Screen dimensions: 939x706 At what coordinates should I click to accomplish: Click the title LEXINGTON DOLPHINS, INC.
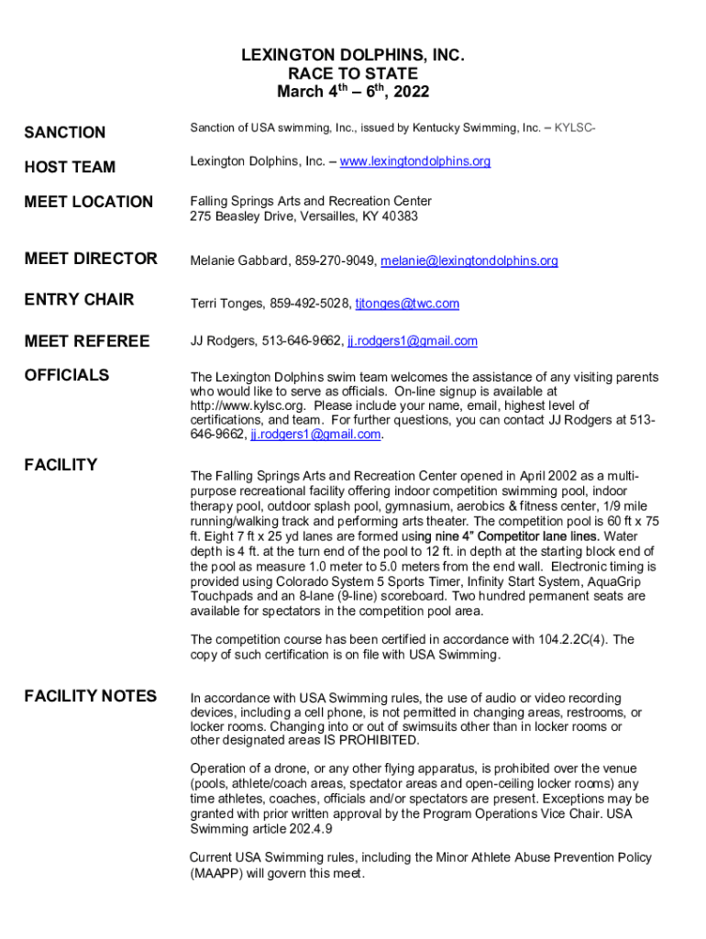pyautogui.click(x=353, y=56)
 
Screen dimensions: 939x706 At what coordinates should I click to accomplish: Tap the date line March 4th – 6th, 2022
pyautogui.click(x=353, y=92)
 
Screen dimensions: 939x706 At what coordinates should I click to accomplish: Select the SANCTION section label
pyautogui.click(x=64, y=133)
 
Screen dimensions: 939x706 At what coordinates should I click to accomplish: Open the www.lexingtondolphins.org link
pyautogui.click(x=414, y=161)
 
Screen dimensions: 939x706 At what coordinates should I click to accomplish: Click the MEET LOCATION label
pyautogui.click(x=88, y=202)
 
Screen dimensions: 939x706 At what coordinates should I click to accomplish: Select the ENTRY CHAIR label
pyautogui.click(x=79, y=300)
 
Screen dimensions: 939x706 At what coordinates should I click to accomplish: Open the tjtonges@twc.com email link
pyautogui.click(x=407, y=304)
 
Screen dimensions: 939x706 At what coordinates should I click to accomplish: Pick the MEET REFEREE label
pyautogui.click(x=86, y=342)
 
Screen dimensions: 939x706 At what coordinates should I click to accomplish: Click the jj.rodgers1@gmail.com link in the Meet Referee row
pyautogui.click(x=413, y=341)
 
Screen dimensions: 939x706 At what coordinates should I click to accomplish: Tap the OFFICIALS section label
pyautogui.click(x=67, y=375)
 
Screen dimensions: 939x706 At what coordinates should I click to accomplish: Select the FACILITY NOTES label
pyautogui.click(x=90, y=696)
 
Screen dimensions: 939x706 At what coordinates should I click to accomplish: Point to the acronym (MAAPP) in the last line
pyautogui.click(x=221, y=874)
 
